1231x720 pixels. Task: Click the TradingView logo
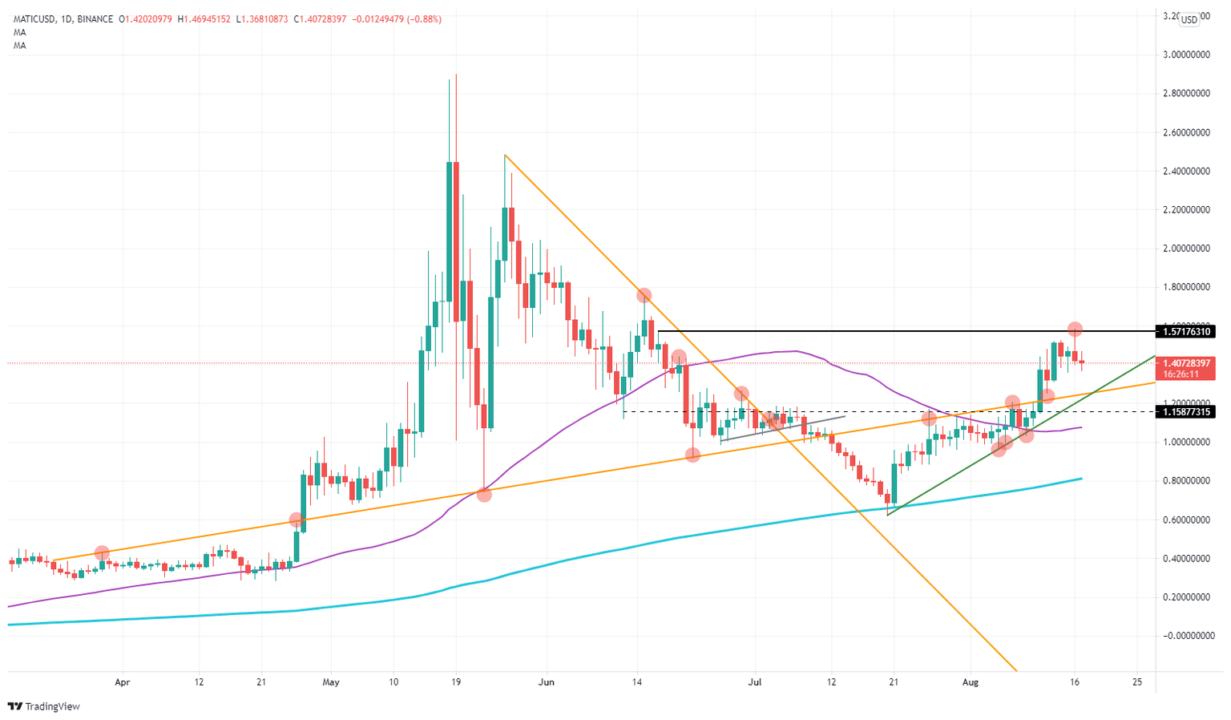tap(44, 706)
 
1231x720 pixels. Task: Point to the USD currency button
tap(1189, 20)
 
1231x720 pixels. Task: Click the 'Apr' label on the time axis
tap(122, 682)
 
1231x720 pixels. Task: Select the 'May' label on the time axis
tap(331, 682)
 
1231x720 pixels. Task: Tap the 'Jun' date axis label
tap(546, 682)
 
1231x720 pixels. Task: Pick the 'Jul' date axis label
tap(754, 682)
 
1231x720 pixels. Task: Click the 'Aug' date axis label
tap(971, 682)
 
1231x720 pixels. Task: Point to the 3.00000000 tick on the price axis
tap(1187, 55)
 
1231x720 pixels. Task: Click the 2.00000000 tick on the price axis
tap(1187, 249)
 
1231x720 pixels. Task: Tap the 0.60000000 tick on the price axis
tap(1187, 520)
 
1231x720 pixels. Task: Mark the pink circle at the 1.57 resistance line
tap(1075, 329)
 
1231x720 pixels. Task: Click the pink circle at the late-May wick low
tap(484, 495)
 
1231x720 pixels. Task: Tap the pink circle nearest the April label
tap(102, 552)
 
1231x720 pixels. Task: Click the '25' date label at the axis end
tap(1136, 682)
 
